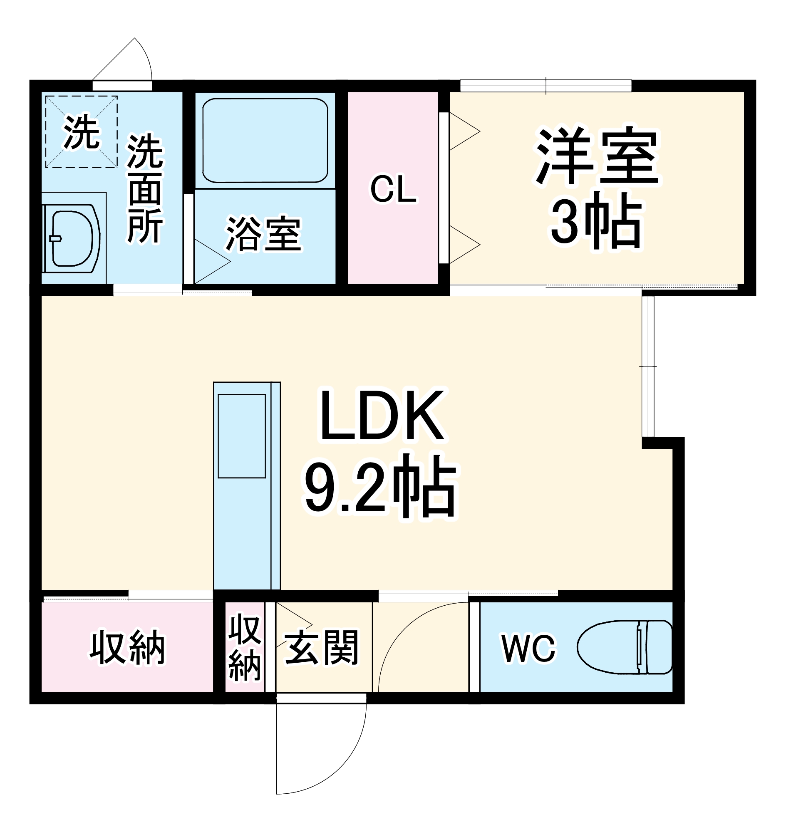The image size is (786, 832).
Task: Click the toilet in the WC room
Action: pos(624,647)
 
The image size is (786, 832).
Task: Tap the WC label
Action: pos(529,649)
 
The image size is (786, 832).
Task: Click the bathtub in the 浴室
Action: pos(265,140)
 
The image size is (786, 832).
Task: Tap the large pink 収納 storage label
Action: pos(127,647)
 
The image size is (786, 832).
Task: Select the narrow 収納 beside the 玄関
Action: pos(245,647)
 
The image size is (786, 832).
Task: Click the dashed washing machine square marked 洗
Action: pos(81,131)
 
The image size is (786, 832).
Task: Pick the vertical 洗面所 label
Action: pos(145,188)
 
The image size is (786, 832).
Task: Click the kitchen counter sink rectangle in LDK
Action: pos(242,436)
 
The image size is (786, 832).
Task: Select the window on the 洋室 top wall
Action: pos(545,86)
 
